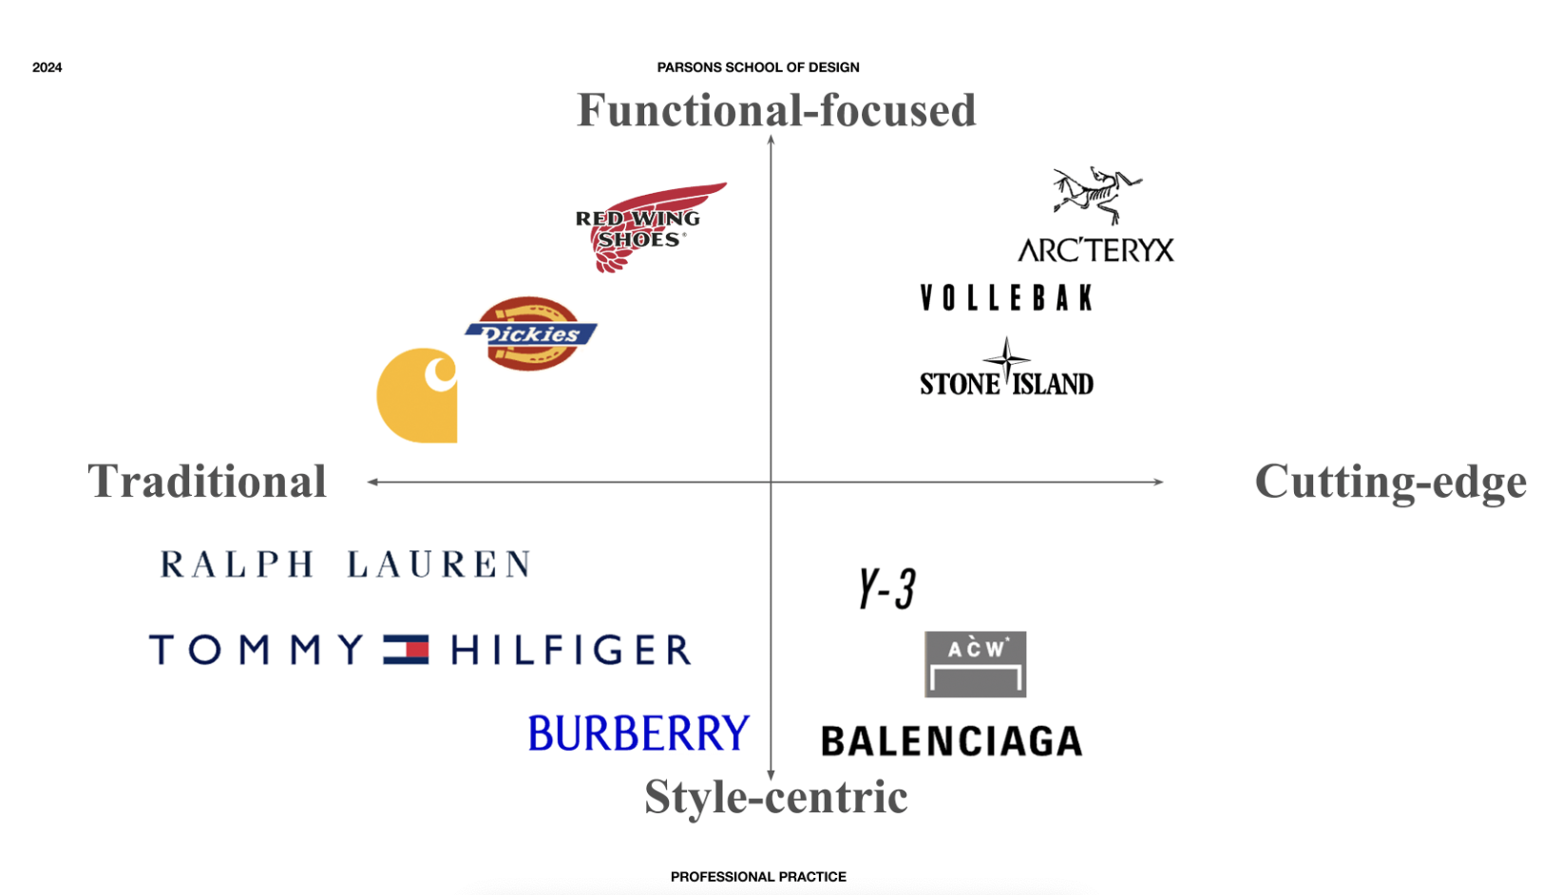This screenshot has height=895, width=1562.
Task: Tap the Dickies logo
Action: tap(530, 333)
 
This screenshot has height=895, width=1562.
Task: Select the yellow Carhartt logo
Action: tap(416, 395)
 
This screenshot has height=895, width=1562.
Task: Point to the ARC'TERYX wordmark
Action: tap(1095, 250)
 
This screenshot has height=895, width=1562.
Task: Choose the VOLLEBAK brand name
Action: tap(1006, 298)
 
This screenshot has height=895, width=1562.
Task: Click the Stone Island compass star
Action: tap(1006, 359)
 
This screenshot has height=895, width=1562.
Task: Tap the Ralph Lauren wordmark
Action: tap(345, 564)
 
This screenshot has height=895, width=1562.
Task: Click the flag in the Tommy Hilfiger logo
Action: tap(406, 650)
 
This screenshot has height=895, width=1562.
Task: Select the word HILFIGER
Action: tap(571, 650)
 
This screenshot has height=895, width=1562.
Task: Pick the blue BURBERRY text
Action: tap(638, 733)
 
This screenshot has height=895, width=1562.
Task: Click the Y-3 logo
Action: tap(886, 588)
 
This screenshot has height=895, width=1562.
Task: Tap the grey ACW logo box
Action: tap(975, 664)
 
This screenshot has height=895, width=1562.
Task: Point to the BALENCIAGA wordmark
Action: tap(951, 741)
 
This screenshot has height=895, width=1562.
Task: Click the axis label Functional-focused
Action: tap(776, 110)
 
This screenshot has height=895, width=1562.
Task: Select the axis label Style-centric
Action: tap(775, 796)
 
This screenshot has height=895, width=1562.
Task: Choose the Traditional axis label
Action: tap(207, 481)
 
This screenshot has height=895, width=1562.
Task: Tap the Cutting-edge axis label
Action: tap(1390, 481)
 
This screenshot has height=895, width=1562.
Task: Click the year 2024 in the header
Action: tap(47, 67)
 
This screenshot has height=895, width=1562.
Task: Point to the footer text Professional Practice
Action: tap(758, 877)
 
